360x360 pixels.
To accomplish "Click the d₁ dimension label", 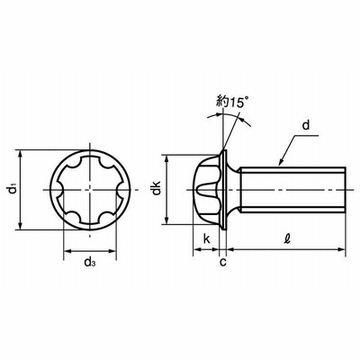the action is click(x=12, y=190).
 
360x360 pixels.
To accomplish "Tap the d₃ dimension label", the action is click(x=90, y=262).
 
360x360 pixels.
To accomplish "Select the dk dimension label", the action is click(x=157, y=188).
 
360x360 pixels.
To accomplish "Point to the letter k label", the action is click(x=207, y=239).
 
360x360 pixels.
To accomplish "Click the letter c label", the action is click(x=223, y=262).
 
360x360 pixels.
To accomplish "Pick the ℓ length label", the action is click(x=287, y=238).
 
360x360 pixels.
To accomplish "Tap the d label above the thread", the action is click(x=306, y=125).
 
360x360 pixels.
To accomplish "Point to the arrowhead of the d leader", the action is click(x=281, y=162).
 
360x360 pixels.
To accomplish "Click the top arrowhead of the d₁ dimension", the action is click(x=21, y=154).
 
